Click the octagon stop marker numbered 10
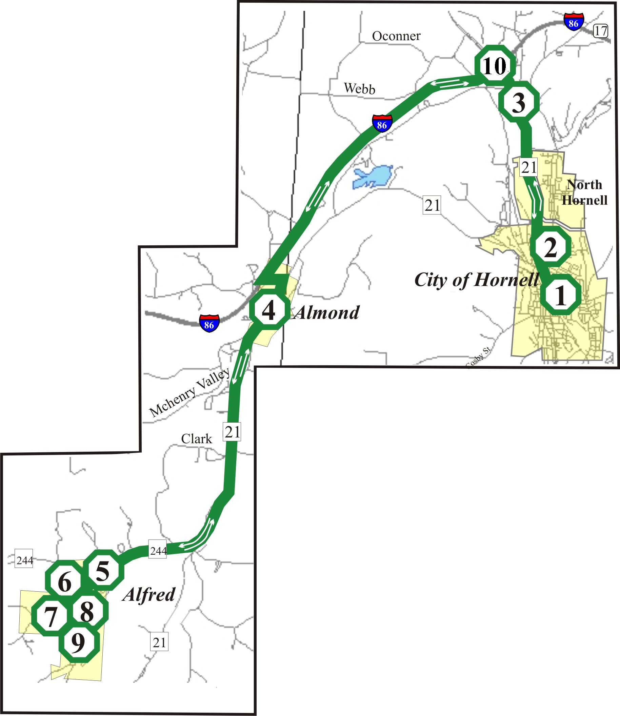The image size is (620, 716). [x=495, y=65]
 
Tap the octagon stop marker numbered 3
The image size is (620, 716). [x=519, y=102]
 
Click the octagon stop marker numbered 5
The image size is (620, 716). [x=103, y=571]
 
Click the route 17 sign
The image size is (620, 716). [x=574, y=22]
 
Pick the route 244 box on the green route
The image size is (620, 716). [x=209, y=323]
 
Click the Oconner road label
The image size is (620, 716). [x=600, y=31]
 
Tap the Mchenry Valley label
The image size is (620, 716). [x=396, y=36]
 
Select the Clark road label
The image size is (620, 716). [x=359, y=88]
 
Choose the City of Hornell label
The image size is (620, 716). [x=197, y=439]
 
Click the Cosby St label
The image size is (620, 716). [x=584, y=192]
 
